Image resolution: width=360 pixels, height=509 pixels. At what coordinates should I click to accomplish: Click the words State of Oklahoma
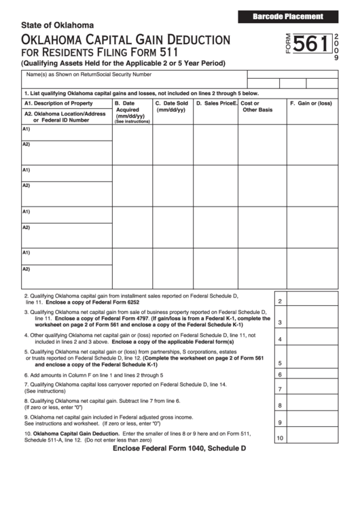57,26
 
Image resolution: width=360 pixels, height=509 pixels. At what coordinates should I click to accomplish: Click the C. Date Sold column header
171,107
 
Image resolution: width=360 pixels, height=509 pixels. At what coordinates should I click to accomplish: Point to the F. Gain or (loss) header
310,103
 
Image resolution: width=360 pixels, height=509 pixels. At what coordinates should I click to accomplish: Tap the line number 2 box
280,301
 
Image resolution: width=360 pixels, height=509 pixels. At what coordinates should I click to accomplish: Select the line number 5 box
280,363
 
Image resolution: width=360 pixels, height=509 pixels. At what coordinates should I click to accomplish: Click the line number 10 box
280,438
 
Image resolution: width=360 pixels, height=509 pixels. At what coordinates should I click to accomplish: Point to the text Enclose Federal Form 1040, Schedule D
179,449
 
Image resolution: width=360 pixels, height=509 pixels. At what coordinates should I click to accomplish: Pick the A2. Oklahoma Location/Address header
65,117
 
